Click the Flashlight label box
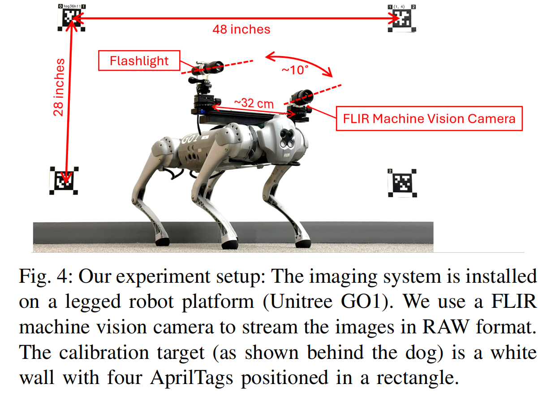[139, 61]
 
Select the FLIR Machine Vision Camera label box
[429, 118]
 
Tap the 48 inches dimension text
[241, 30]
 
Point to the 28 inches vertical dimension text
[59, 87]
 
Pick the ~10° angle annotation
[295, 70]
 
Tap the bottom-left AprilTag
[64, 181]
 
